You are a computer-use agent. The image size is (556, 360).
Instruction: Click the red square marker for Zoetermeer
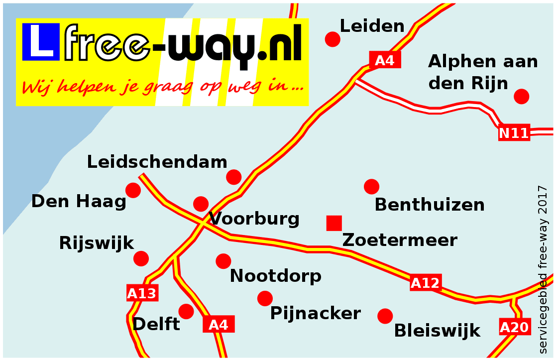tap(334, 223)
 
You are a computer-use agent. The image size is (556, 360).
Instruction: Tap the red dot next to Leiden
tap(333, 39)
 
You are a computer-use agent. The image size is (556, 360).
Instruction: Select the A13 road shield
tap(142, 293)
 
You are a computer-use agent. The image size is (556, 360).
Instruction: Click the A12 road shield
tap(425, 283)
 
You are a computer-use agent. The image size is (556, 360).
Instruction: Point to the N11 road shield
tap(514, 133)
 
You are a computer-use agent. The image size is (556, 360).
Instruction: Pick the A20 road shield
tap(514, 327)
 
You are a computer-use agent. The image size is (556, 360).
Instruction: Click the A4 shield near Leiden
tap(384, 60)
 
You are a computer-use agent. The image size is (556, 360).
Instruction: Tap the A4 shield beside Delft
tap(219, 325)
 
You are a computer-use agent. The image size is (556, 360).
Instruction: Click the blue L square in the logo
tap(38, 40)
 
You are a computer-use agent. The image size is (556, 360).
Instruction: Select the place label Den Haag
tap(79, 202)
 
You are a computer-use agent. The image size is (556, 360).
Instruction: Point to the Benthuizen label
tap(430, 205)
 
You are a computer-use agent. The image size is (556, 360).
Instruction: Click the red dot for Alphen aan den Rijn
tap(521, 97)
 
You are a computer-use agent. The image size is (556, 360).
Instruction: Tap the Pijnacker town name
tap(315, 314)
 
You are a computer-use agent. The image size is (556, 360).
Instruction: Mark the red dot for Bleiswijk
tap(385, 316)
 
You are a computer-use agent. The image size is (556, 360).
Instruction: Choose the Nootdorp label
tap(275, 275)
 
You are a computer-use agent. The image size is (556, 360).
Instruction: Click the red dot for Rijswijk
tap(141, 258)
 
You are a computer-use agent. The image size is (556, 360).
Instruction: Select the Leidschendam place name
tap(157, 162)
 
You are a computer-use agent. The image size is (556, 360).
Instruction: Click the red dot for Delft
tap(186, 312)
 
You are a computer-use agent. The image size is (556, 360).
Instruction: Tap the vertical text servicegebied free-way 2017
tap(543, 269)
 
